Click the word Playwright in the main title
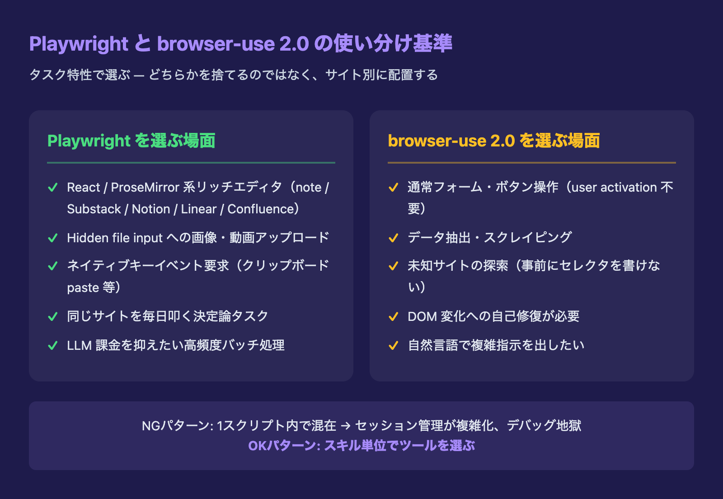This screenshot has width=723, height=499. point(79,44)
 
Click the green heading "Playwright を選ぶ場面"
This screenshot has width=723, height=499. point(131,141)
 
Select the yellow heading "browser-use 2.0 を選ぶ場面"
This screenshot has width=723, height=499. point(494,141)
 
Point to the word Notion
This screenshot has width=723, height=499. point(151,209)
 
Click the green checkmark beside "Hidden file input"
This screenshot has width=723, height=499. point(52,238)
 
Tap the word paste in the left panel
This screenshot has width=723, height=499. point(83,288)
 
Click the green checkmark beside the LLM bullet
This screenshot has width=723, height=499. point(52,345)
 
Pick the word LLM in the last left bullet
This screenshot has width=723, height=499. point(80,345)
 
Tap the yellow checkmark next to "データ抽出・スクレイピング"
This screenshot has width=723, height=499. point(393,238)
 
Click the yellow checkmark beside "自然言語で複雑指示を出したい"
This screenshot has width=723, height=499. point(393,345)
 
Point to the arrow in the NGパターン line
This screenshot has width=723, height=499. point(346,426)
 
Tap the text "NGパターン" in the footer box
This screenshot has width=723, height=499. point(176,426)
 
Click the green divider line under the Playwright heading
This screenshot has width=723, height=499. point(191,163)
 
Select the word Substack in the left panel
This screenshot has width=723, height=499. point(94,209)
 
